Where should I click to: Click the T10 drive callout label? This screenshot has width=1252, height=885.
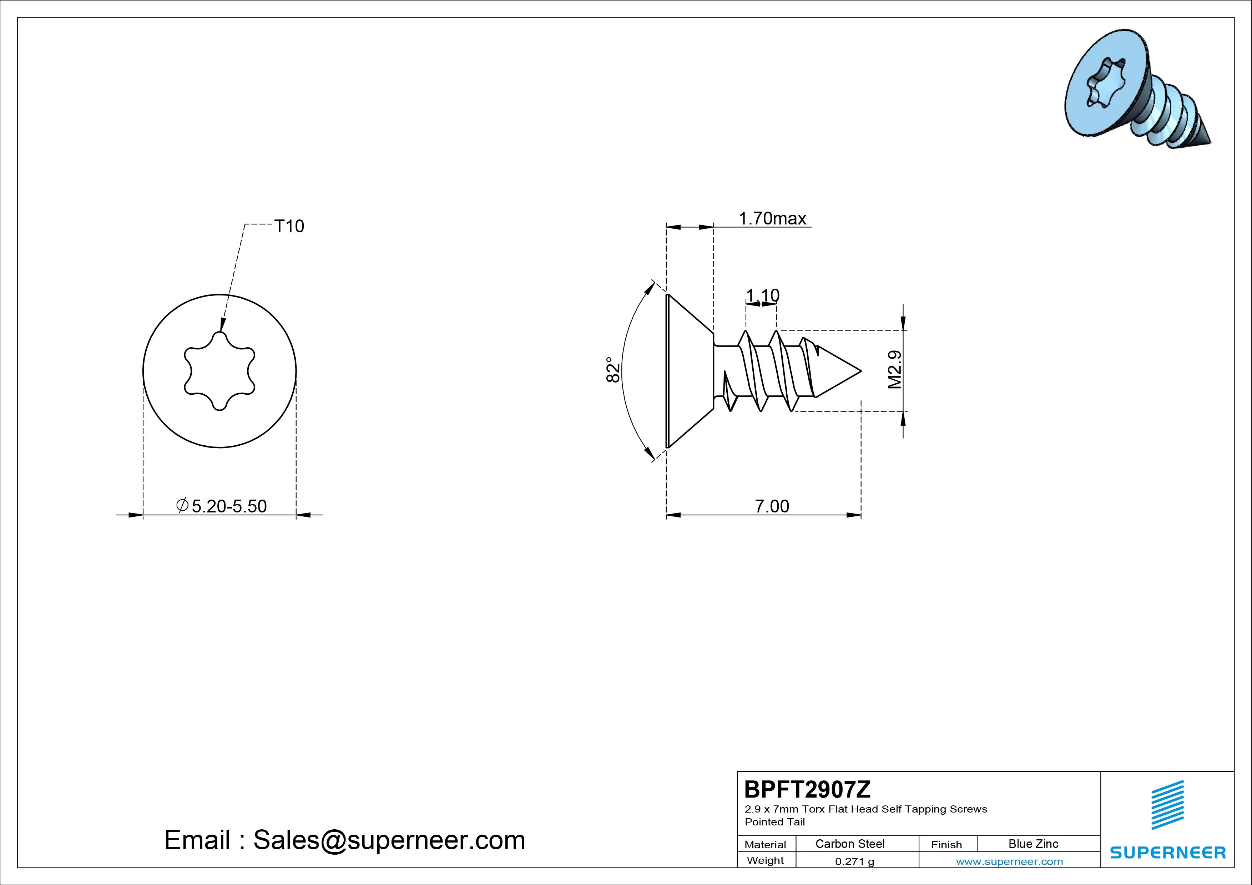tap(289, 226)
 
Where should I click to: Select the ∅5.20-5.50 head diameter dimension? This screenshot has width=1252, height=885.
tap(221, 506)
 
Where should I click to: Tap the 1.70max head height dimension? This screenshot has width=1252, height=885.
tap(772, 219)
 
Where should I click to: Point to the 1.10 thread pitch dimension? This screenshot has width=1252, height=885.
tap(762, 295)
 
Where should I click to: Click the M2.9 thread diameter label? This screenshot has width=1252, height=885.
tap(895, 370)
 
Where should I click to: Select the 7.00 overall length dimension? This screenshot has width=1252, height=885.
tap(772, 506)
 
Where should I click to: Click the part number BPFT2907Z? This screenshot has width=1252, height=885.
tap(808, 789)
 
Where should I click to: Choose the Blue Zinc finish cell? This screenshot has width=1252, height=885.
tap(1033, 844)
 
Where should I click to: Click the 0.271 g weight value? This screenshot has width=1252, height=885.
tap(854, 861)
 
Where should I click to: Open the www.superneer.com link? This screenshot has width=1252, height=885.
tap(1009, 861)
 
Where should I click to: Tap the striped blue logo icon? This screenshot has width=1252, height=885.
tap(1167, 805)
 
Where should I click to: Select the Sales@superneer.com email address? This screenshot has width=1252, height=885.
tap(389, 840)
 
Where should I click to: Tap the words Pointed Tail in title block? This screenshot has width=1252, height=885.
tap(775, 822)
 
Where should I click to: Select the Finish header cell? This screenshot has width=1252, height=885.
tap(946, 844)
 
